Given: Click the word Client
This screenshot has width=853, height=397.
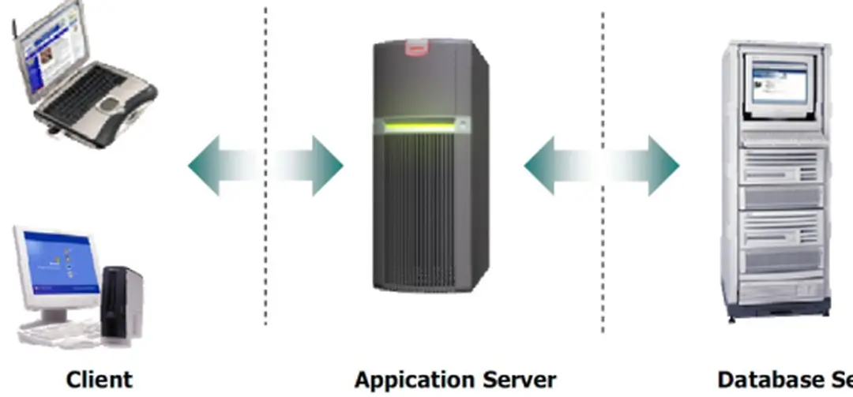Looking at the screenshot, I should [x=99, y=379].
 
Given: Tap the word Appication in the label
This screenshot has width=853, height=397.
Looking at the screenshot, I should [x=405, y=380].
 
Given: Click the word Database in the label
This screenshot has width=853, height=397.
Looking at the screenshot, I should [x=765, y=379].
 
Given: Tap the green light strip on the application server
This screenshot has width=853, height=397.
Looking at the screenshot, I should [x=419, y=124].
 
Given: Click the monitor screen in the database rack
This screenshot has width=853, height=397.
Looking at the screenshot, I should [x=778, y=84].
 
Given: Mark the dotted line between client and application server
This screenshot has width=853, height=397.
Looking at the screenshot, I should [x=265, y=237].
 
